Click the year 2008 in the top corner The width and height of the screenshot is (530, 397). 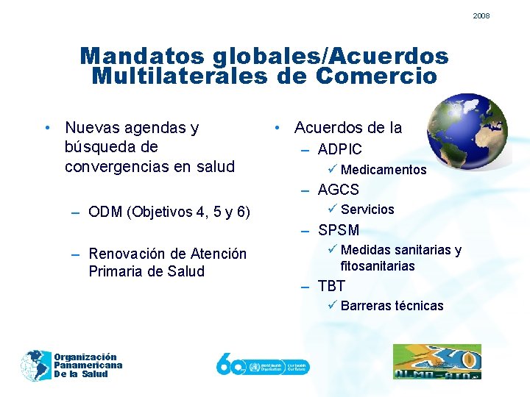click(481, 15)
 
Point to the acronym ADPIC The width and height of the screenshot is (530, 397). click(339, 150)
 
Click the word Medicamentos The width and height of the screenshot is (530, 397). click(384, 170)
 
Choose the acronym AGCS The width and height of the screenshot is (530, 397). click(338, 190)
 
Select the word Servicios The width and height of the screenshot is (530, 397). click(367, 210)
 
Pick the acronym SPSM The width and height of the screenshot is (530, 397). click(339, 230)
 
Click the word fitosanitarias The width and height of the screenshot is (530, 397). click(378, 266)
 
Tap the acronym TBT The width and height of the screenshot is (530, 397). click(331, 286)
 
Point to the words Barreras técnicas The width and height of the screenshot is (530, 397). click(392, 306)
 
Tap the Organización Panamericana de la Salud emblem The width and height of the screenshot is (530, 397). click(36, 365)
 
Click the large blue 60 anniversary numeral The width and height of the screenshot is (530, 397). click(230, 364)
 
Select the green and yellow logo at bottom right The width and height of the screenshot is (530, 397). click(437, 362)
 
